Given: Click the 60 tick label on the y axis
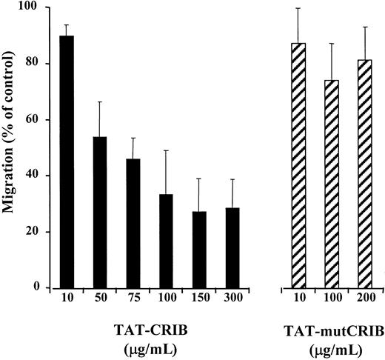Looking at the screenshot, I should point(33,119).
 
